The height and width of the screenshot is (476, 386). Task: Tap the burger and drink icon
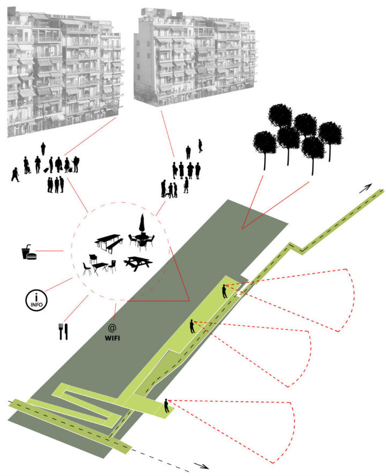pos(28,252)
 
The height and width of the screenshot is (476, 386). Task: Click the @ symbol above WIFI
pos(112,327)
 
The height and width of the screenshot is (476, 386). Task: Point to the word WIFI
pos(112,338)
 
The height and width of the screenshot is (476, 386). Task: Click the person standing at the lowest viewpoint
pos(167,406)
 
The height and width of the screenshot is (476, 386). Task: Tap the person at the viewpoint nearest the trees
pos(225,291)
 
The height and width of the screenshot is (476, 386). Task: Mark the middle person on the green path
pos(192,325)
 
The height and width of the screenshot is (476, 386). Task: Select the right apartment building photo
pos(194,56)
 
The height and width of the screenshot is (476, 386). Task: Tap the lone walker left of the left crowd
pos(14,175)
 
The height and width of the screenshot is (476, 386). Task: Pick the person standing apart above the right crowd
pos(201,145)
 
